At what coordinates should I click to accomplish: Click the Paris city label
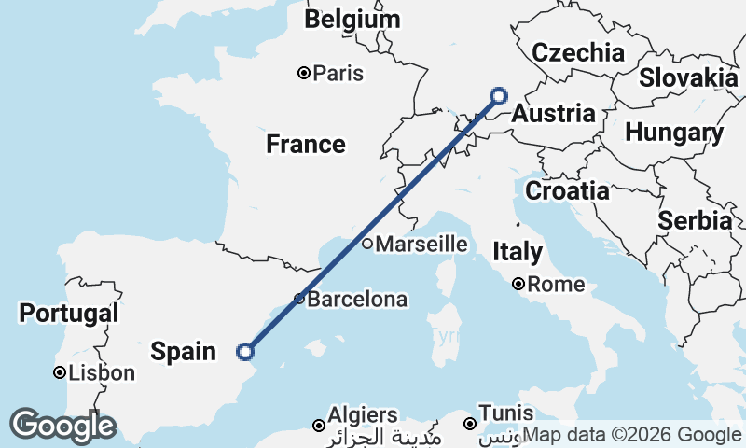[x=338, y=73]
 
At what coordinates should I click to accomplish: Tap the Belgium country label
[x=352, y=20]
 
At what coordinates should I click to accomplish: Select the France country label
[x=305, y=144]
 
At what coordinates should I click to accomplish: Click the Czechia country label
[x=577, y=52]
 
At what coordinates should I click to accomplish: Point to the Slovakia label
[x=689, y=77]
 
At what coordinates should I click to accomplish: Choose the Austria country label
[x=554, y=114]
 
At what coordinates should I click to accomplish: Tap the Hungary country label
[x=673, y=133]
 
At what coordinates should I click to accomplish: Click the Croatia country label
[x=567, y=191]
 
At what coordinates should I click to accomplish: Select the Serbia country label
[x=695, y=221]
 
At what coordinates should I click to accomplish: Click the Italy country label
[x=518, y=251]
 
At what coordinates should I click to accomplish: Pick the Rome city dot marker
[x=518, y=285]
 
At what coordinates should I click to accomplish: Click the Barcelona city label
[x=357, y=300]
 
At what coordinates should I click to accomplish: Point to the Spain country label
[x=183, y=352]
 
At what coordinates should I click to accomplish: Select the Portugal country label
[x=69, y=313]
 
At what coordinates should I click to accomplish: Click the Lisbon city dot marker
[x=59, y=373]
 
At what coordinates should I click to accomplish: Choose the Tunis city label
[x=505, y=413]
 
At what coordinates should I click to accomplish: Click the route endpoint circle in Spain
[x=245, y=352]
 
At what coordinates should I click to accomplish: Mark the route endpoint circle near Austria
[x=499, y=95]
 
